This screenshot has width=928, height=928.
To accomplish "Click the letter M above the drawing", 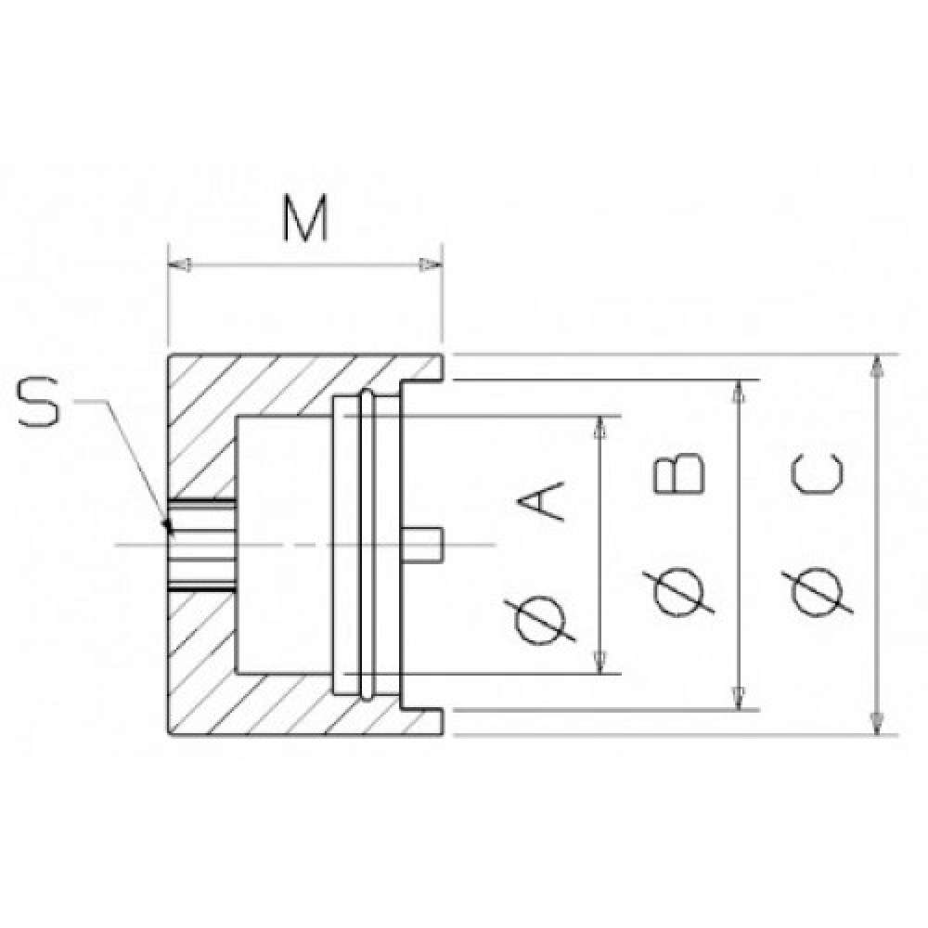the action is [x=304, y=219].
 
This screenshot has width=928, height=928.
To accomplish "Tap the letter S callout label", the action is [x=39, y=403].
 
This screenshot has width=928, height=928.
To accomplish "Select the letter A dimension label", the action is [x=541, y=501].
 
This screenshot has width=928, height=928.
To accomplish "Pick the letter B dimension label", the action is [x=679, y=473].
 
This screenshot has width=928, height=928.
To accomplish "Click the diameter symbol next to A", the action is [x=539, y=622].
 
